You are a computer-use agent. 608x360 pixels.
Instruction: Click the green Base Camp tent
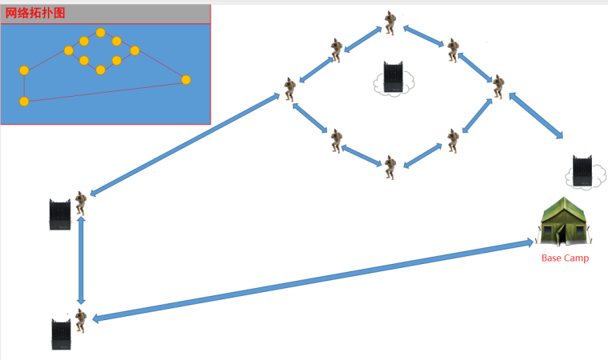(564, 221)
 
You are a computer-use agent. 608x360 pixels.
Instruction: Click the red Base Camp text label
(565, 258)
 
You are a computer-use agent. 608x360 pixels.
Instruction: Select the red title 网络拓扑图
(35, 13)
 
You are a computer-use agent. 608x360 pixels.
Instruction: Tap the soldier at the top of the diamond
(390, 23)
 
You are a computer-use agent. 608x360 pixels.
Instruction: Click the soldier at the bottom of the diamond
(390, 167)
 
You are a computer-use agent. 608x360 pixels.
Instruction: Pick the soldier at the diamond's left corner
(290, 90)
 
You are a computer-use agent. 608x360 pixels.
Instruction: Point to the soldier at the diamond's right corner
(498, 87)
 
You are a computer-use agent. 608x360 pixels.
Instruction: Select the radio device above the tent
(582, 170)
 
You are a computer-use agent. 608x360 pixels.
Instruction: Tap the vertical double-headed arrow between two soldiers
(81, 261)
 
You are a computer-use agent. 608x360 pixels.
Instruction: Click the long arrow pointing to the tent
(313, 281)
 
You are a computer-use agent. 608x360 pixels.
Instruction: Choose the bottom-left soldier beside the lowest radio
(81, 321)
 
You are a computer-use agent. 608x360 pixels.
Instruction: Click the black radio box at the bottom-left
(62, 334)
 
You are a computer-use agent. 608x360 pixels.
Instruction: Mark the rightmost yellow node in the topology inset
(186, 79)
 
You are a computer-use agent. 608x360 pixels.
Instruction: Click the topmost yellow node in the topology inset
(101, 33)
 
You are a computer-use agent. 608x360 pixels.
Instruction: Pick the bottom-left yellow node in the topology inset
(24, 102)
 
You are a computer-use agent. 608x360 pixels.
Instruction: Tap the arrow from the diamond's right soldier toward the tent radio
(536, 116)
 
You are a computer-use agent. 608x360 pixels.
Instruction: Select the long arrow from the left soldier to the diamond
(185, 144)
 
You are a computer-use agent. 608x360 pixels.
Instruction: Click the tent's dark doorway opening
(561, 236)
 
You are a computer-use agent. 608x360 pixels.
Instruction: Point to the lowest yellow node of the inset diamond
(101, 70)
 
